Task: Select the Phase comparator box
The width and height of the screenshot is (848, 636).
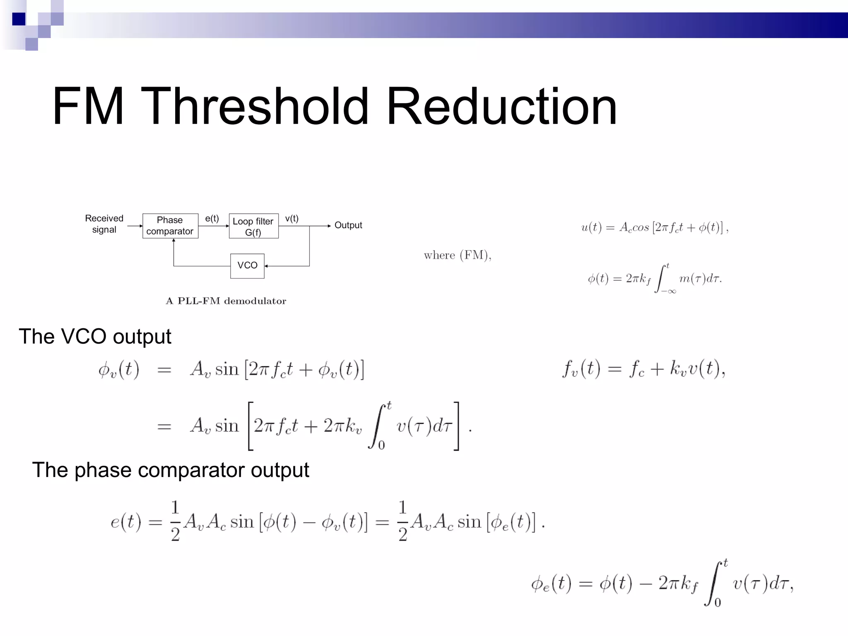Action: (170, 226)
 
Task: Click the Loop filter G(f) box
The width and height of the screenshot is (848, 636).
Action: (253, 226)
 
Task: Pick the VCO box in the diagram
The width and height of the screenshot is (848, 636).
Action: (247, 266)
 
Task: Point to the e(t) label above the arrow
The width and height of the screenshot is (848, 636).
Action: (212, 219)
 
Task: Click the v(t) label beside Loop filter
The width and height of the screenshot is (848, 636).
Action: (291, 219)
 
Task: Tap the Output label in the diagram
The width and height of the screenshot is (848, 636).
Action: (348, 225)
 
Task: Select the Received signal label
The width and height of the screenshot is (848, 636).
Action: (104, 224)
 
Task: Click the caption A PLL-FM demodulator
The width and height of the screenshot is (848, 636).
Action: (226, 301)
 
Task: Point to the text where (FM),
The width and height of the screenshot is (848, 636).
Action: (458, 255)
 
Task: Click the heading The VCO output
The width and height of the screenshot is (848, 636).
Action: (95, 336)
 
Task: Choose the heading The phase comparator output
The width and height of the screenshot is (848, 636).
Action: (171, 470)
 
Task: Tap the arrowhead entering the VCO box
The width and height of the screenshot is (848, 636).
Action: (266, 266)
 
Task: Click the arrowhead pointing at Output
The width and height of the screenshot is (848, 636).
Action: (329, 226)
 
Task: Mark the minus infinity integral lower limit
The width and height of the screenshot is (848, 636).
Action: (669, 291)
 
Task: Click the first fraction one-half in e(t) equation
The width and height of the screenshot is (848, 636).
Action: (175, 520)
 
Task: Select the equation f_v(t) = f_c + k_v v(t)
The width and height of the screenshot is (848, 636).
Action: (643, 368)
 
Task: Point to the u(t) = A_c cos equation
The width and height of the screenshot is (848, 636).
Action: (655, 227)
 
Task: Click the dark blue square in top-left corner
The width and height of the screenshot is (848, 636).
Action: (19, 19)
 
